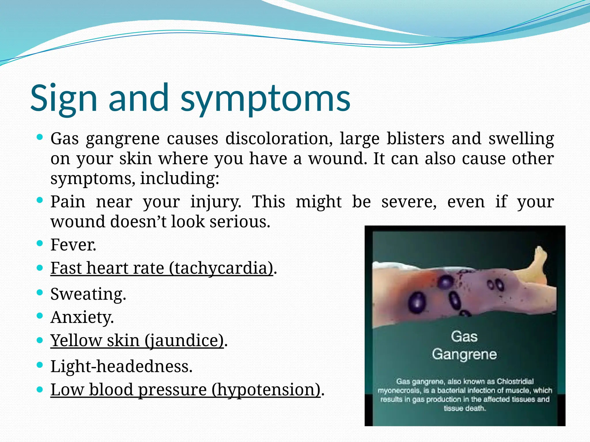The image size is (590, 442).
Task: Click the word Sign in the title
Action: point(64,98)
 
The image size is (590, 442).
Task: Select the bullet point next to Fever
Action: point(40,244)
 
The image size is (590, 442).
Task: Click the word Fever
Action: point(73,245)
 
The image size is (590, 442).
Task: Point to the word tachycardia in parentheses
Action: point(221,268)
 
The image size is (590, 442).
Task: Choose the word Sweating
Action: point(88,294)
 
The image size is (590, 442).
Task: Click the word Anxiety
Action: point(82,317)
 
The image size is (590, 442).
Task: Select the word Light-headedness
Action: point(121,367)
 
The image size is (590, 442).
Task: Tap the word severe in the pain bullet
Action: point(409,201)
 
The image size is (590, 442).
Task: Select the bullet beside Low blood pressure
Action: point(40,390)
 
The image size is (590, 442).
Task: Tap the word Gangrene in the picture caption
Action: point(464,354)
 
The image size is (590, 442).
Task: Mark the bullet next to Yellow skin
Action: point(40,340)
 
